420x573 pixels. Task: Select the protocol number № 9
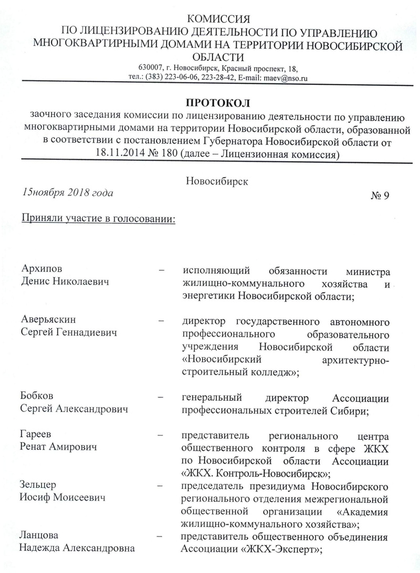click(x=386, y=196)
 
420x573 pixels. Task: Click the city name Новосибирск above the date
click(x=216, y=181)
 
